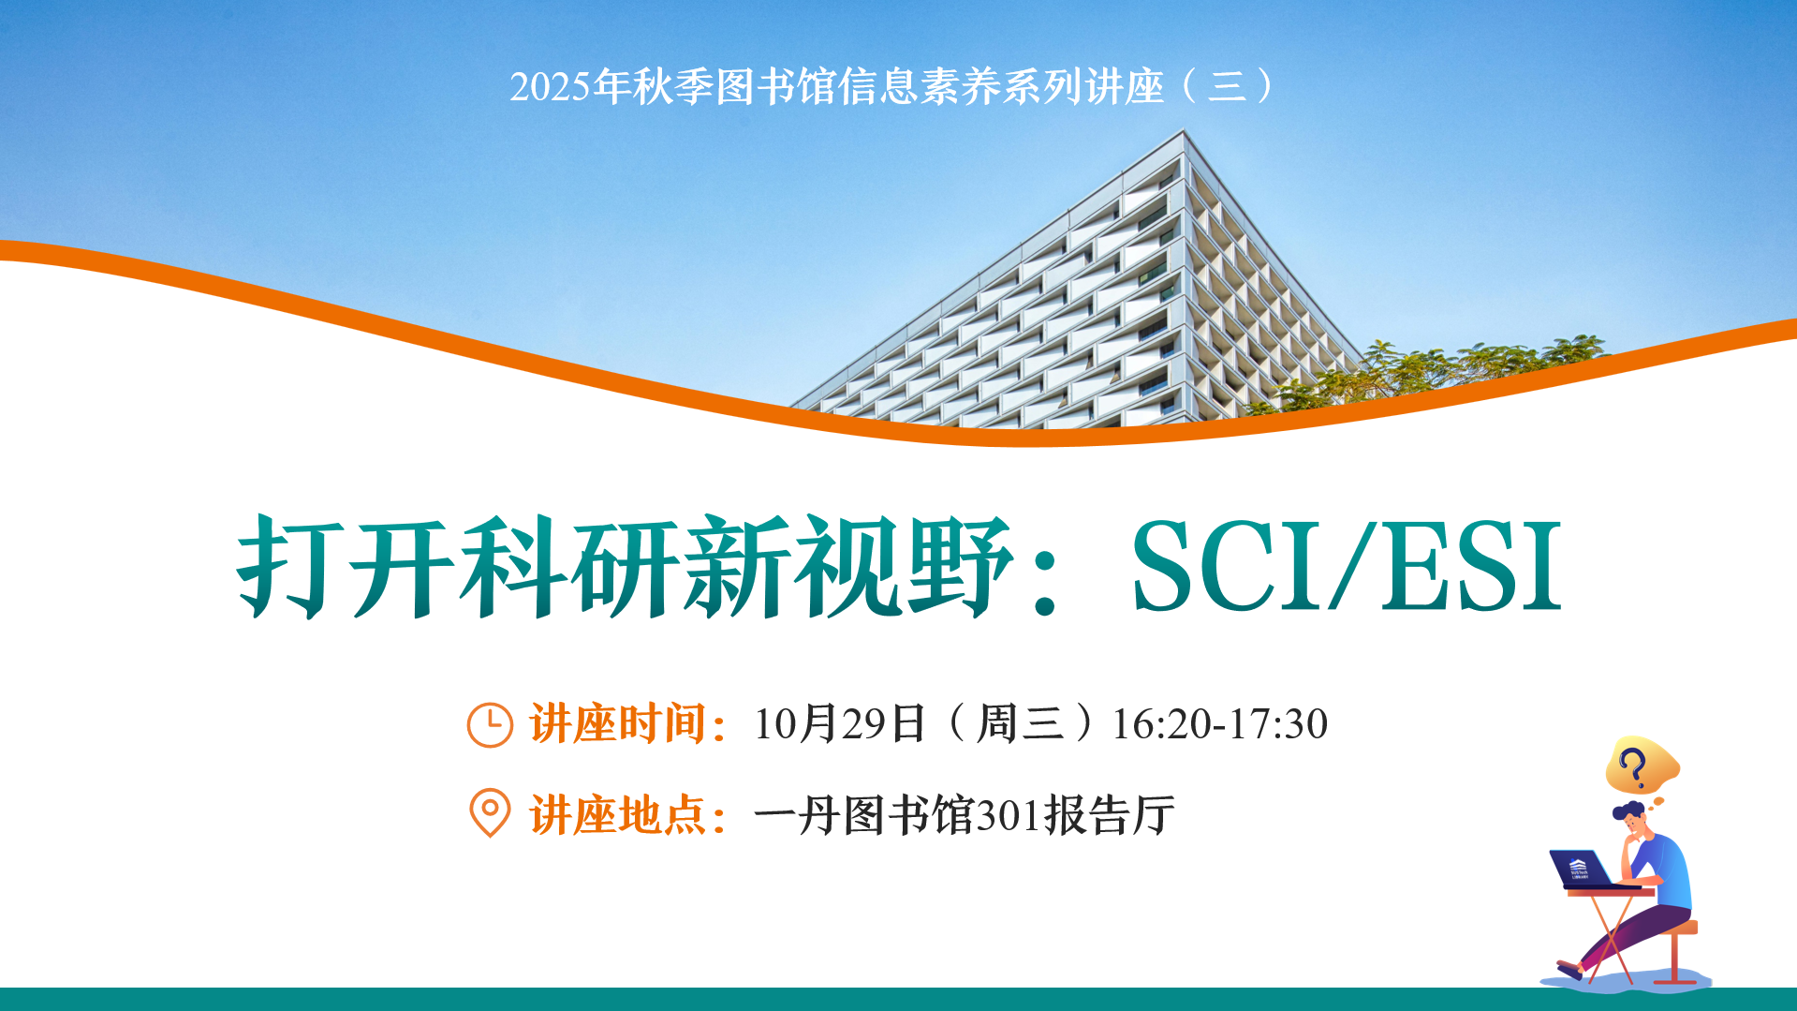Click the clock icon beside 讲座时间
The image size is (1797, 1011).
pyautogui.click(x=490, y=724)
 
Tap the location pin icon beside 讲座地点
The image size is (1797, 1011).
pyautogui.click(x=490, y=812)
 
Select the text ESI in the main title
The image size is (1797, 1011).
pyautogui.click(x=1470, y=567)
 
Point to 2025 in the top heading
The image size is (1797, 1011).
pyautogui.click(x=551, y=87)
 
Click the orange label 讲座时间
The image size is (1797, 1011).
pyautogui.click(x=618, y=724)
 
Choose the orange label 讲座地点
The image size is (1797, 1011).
pyautogui.click(x=618, y=814)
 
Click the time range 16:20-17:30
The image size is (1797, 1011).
pyautogui.click(x=1219, y=724)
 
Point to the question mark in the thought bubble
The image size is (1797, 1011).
pyautogui.click(x=1634, y=766)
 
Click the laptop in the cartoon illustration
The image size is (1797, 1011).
pyautogui.click(x=1582, y=869)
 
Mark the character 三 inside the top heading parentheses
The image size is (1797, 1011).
pyautogui.click(x=1228, y=87)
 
